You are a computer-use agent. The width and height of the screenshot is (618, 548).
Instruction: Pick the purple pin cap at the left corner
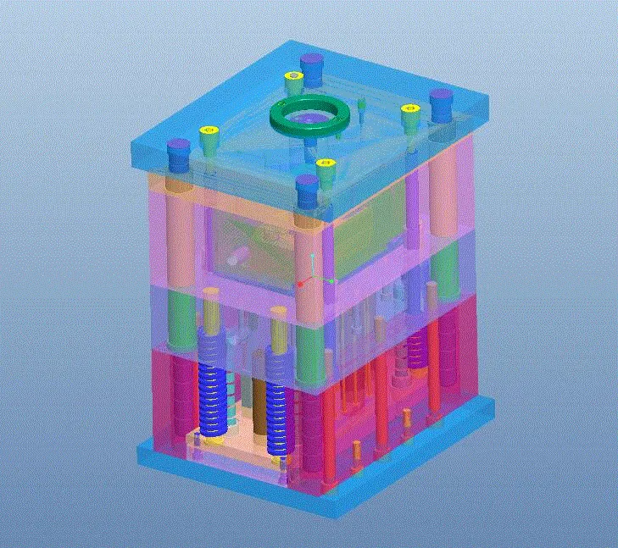(178, 152)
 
